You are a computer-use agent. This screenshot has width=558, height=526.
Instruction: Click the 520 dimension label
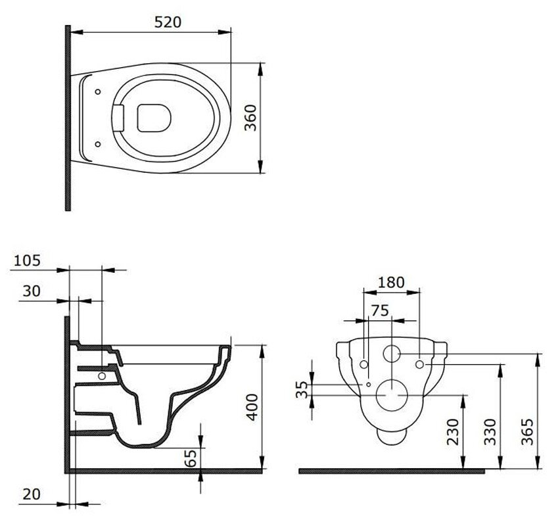(168, 22)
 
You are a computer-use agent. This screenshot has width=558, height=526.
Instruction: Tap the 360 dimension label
(250, 118)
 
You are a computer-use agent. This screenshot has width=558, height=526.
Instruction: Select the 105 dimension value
(27, 260)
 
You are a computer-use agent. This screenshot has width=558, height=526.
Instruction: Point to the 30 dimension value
(32, 291)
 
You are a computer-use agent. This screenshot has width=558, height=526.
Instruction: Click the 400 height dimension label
(252, 407)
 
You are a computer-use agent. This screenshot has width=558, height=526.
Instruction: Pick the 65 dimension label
(191, 458)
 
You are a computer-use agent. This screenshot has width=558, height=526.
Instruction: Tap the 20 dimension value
(32, 494)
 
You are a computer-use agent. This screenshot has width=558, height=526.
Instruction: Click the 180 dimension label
(391, 283)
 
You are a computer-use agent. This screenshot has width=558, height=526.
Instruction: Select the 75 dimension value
(380, 311)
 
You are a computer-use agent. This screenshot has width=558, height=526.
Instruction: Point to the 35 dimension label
(302, 389)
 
